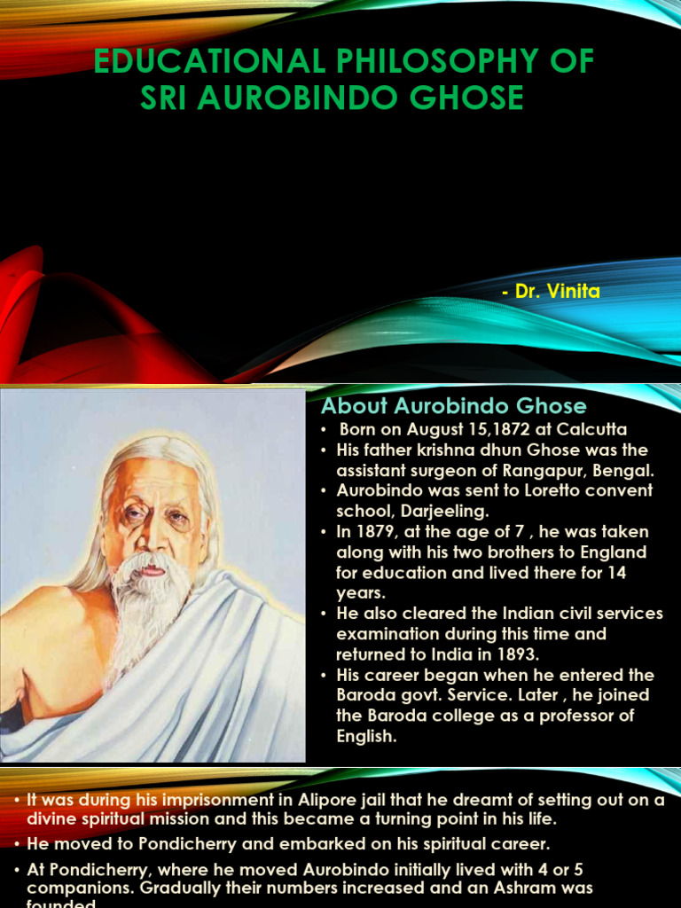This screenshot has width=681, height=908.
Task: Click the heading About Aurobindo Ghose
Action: click(453, 406)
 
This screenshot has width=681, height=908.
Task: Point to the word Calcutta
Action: click(589, 429)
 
